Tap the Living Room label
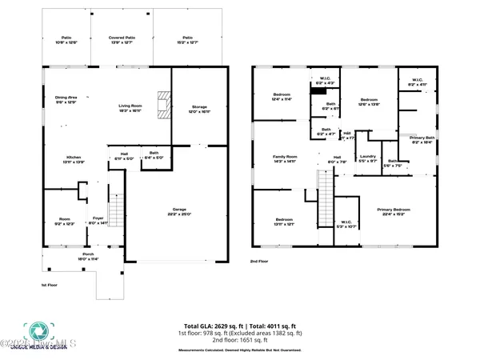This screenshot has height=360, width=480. (x=130, y=106)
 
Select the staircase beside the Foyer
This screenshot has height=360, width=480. (x=116, y=212)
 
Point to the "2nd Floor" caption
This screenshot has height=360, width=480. (x=258, y=262)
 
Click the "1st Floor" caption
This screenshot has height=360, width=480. (x=50, y=285)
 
